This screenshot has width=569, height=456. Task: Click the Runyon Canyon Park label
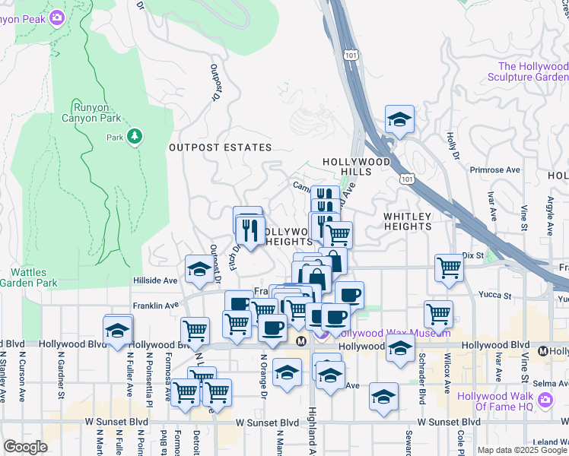click(x=96, y=112)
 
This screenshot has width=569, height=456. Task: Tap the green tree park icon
click(x=135, y=136)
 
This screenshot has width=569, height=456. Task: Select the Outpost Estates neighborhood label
click(x=220, y=147)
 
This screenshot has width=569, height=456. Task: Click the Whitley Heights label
click(x=407, y=221)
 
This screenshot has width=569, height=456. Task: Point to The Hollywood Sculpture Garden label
click(x=527, y=72)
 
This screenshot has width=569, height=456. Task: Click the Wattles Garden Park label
click(x=29, y=277)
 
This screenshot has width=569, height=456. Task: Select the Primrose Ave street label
click(x=494, y=170)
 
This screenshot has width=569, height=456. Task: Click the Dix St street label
click(x=472, y=255)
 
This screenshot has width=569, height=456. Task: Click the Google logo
click(x=25, y=447)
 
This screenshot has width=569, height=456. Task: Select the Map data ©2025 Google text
click(x=521, y=450)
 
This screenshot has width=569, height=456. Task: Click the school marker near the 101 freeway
click(x=399, y=120)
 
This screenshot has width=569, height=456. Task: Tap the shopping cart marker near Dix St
click(x=449, y=268)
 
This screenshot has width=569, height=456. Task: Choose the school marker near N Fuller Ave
click(x=118, y=331)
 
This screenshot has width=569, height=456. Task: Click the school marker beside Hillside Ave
click(x=199, y=270)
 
